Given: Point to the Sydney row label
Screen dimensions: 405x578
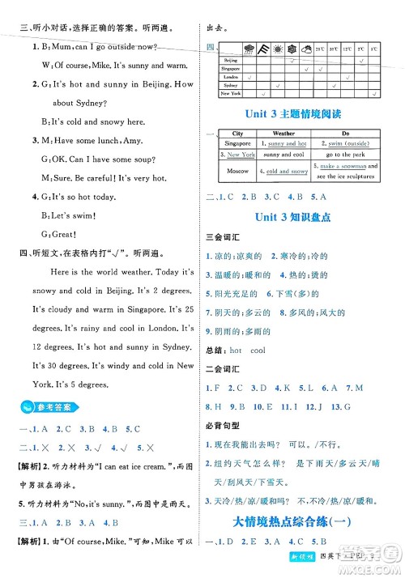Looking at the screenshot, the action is (x=230, y=84).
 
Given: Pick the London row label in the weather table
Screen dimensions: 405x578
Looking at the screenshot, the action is (x=230, y=77).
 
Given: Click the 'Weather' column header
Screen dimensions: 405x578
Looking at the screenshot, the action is (x=284, y=133).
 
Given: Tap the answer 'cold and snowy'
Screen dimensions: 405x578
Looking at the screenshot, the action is (x=286, y=172).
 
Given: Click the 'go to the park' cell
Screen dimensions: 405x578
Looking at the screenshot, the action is (x=345, y=154).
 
